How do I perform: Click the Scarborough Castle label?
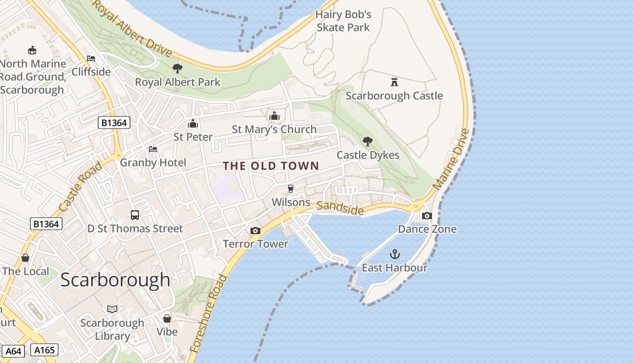point(394,96)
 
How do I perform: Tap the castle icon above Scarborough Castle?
point(394,82)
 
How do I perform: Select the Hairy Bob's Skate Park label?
point(343,21)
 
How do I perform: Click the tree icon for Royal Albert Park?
point(178,69)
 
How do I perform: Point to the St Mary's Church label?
point(274,129)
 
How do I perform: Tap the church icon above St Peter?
point(193,123)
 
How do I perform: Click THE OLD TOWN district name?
point(271,166)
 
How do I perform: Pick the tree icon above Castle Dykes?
point(368,142)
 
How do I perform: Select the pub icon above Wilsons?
point(291,189)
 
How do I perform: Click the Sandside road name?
point(340,208)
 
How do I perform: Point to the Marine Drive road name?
point(451,159)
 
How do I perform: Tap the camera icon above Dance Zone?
point(427,216)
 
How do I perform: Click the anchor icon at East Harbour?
point(395,254)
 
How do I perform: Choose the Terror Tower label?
point(255,244)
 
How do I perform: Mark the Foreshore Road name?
point(209,313)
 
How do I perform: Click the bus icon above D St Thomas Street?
point(135,215)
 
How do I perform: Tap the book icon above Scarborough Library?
point(112,309)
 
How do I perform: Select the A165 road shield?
point(44,350)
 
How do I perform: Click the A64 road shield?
point(14,351)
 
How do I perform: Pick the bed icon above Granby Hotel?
point(153,149)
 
